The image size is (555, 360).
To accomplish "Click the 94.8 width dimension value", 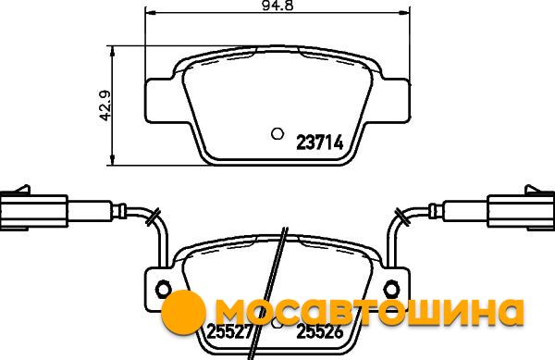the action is pyautogui.click(x=277, y=5).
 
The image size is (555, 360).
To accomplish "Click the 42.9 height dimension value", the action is pyautogui.click(x=105, y=106).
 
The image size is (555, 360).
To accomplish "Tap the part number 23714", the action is pyautogui.click(x=320, y=143).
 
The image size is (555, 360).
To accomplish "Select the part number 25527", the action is pyautogui.click(x=230, y=331).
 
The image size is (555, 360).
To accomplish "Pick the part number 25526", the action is pyautogui.click(x=320, y=331).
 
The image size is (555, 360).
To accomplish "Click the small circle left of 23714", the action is pyautogui.click(x=277, y=134).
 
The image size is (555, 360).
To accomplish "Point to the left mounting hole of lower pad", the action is pyautogui.click(x=163, y=290).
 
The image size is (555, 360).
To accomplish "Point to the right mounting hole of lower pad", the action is pyautogui.click(x=392, y=290).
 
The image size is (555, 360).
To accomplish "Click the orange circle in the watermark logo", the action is pyautogui.click(x=183, y=312).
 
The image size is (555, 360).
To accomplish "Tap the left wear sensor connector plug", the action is pyautogui.click(x=33, y=211).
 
